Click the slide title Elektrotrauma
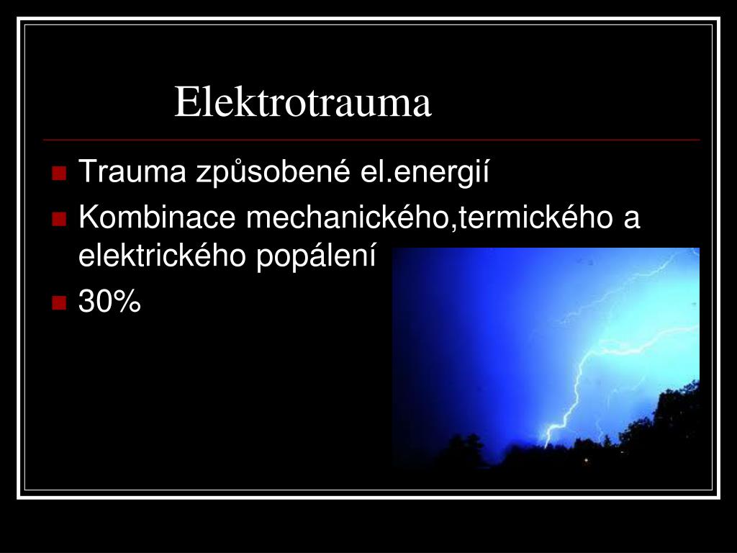[x=302, y=102]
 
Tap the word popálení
[x=317, y=256]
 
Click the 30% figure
[x=110, y=302]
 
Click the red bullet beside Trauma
[x=59, y=174]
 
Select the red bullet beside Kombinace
[x=59, y=218]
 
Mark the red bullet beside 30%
[x=59, y=302]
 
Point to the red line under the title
[x=371, y=139]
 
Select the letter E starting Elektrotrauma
[x=186, y=102]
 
